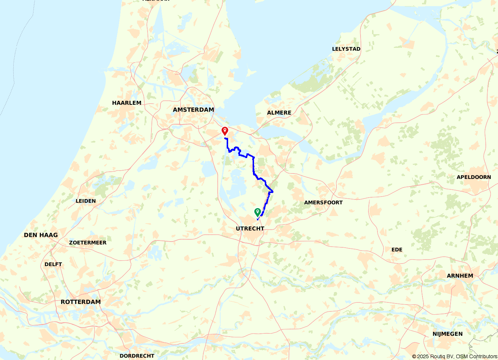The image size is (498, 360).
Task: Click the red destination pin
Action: pos(225,130)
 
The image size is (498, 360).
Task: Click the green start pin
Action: pos(257,212)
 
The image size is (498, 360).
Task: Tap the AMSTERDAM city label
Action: pos(193,110)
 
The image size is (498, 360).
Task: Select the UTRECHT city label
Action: pos(250,229)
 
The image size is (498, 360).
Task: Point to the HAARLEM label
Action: pos(127,103)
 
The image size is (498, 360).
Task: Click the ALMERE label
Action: pos(279,113)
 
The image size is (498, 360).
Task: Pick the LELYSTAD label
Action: pos(346,49)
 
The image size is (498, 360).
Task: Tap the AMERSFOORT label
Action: pos(323,203)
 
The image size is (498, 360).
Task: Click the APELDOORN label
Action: pos(474,177)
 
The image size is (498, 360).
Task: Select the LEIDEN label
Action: pos(86,201)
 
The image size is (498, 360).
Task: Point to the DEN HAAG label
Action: pos(41,235)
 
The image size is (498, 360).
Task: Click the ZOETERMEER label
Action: pos(88,243)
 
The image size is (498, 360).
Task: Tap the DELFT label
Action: pos(53,264)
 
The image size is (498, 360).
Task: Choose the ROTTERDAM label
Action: pos(81,302)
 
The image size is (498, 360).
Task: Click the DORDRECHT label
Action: pos(137,356)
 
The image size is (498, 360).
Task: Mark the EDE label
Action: pos(397,249)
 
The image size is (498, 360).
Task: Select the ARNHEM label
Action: pos(460,276)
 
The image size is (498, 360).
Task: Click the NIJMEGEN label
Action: pos(447,334)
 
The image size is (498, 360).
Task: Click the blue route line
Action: pos(253,166)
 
